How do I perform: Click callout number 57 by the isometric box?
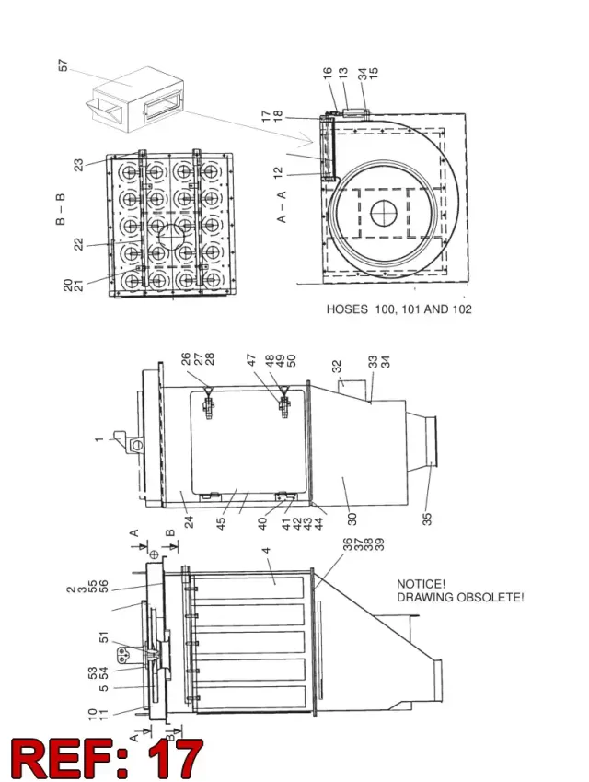63,65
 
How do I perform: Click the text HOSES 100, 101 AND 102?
398,309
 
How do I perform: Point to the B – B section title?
61,209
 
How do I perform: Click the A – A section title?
282,206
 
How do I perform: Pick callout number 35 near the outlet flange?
427,519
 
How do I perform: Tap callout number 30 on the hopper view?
352,519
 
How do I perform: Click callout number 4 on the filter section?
267,551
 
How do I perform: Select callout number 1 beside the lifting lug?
99,439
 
